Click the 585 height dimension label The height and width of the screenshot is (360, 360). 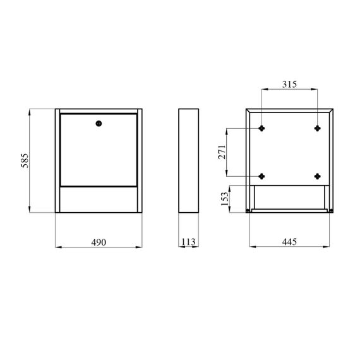(x=25, y=160)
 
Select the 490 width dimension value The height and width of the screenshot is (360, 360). (x=99, y=243)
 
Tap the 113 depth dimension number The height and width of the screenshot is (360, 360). (x=188, y=241)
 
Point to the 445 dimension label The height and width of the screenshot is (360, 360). (x=289, y=241)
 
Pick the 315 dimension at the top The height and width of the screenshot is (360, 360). (x=289, y=84)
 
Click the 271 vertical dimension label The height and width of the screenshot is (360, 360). (x=222, y=152)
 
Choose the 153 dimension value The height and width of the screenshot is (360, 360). (x=225, y=199)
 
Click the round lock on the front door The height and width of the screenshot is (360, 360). (x=99, y=124)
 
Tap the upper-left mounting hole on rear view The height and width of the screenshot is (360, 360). (x=261, y=128)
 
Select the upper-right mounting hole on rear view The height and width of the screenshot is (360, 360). (x=318, y=128)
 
